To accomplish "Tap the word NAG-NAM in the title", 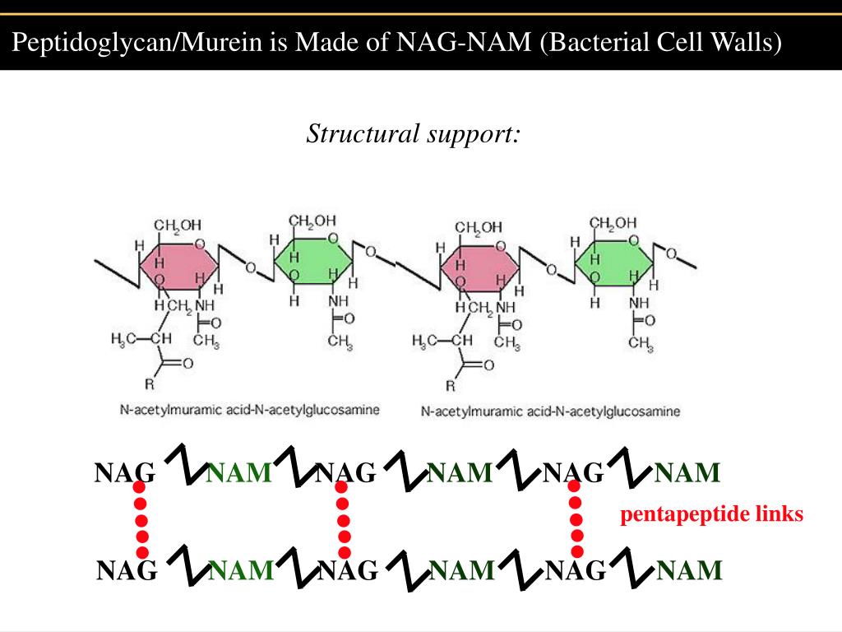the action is [x=464, y=41].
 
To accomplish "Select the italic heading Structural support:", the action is [x=414, y=134].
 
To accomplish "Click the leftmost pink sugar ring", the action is [x=179, y=266].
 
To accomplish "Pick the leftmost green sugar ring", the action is [x=313, y=261].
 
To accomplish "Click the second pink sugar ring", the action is [x=480, y=267].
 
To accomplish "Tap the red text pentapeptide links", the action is [x=711, y=514].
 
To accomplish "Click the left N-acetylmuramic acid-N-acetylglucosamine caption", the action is [x=250, y=410].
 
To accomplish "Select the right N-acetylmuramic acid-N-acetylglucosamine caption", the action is [x=550, y=411].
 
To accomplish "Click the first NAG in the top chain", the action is [x=125, y=473].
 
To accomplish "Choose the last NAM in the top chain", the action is [x=687, y=473].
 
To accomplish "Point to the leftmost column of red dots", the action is [x=141, y=520].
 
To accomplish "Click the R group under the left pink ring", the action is [x=150, y=384].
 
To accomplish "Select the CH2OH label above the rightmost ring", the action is [x=613, y=222].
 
